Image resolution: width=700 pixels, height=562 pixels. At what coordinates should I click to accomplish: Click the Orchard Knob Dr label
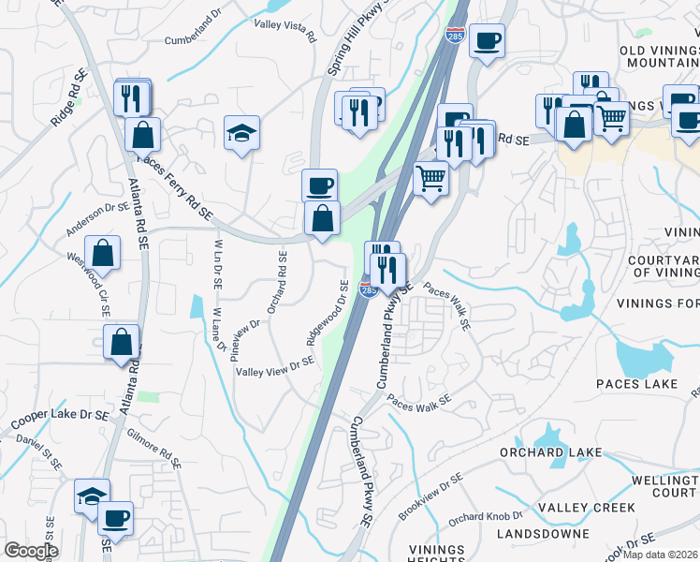tap(484, 516)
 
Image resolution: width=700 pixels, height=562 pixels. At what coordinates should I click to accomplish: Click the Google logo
tap(31, 551)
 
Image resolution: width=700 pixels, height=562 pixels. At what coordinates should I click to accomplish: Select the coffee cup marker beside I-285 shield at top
tap(487, 41)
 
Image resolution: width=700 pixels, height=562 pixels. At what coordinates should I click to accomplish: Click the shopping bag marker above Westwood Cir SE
tap(106, 253)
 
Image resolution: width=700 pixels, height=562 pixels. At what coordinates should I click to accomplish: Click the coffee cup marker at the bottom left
tap(116, 517)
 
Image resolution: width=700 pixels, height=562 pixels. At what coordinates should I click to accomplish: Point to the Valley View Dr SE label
tap(275, 368)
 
